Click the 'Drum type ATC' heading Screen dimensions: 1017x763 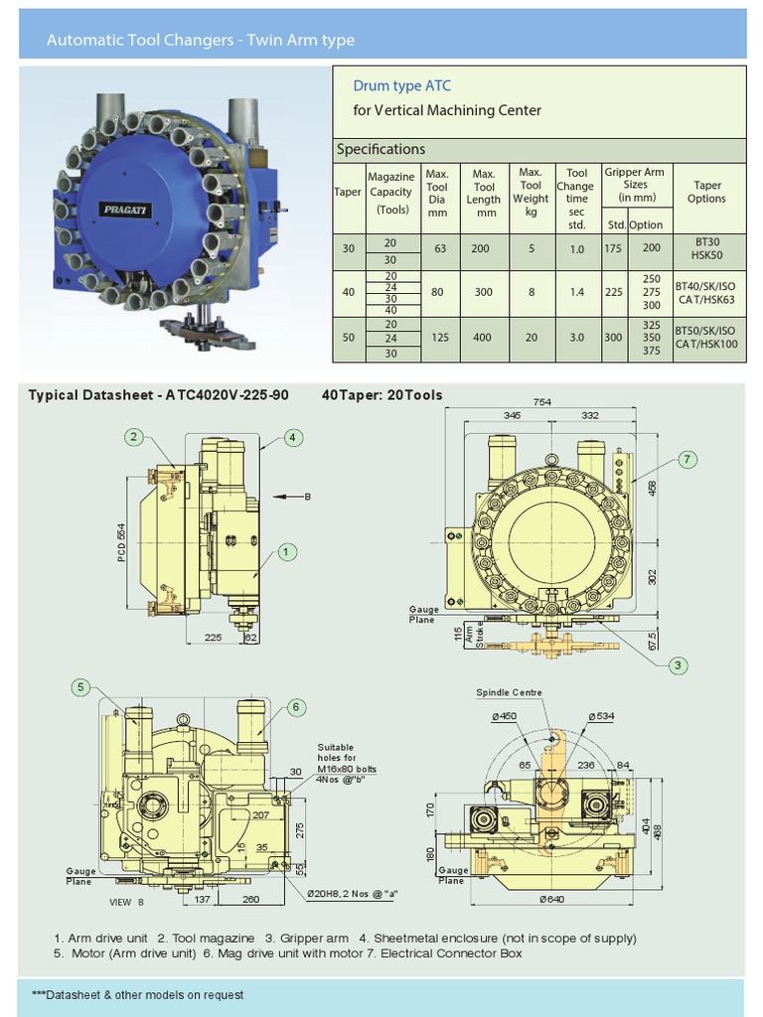coord(395,86)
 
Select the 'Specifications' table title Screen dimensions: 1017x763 coord(381,149)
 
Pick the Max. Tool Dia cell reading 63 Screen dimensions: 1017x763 coord(437,248)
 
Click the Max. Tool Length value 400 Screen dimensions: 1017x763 coord(483,338)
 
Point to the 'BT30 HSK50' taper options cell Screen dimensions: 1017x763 coord(707,248)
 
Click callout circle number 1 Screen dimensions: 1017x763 coord(284,551)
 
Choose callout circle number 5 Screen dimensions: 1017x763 coord(81,687)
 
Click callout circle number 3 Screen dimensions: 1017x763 coord(677,664)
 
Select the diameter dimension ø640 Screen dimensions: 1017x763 coord(553,900)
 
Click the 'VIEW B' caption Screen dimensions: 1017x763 coord(126,902)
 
